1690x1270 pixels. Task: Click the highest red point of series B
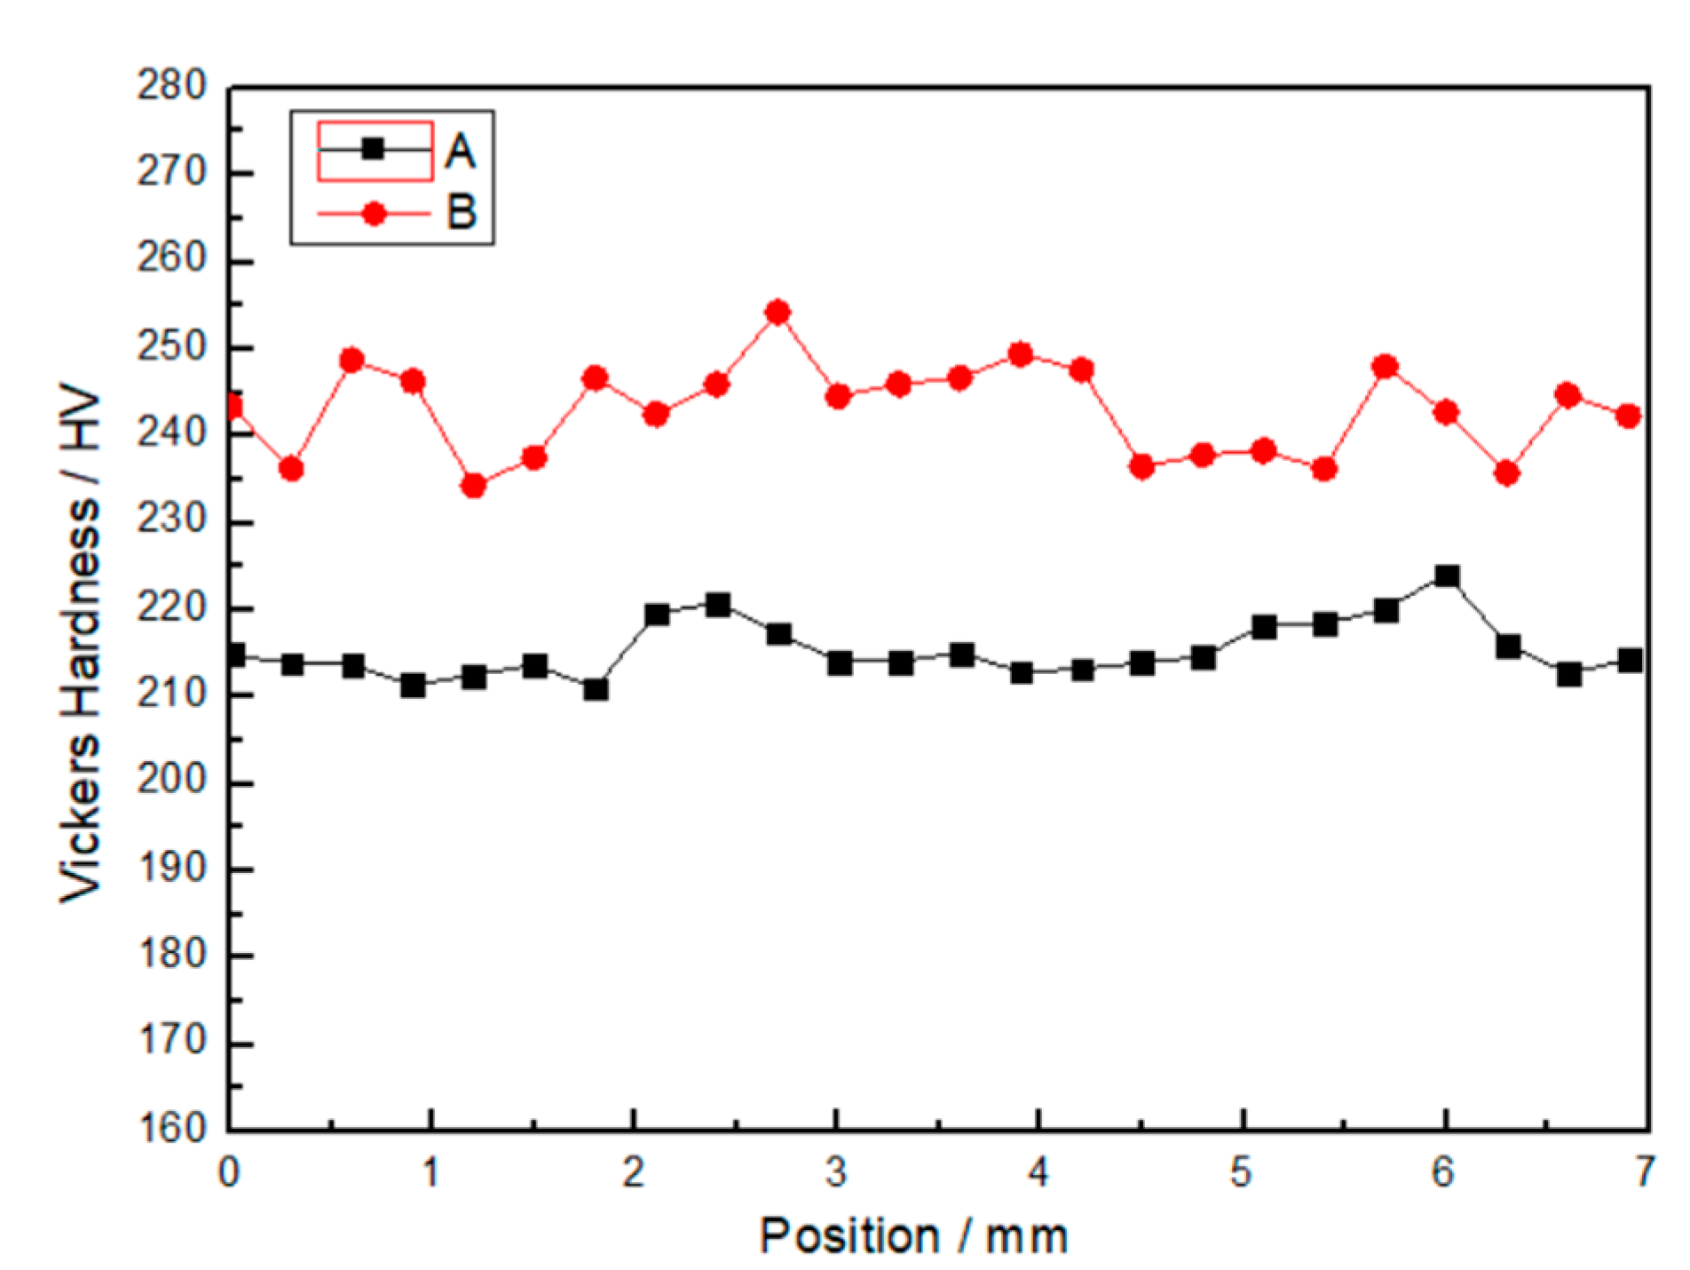[x=778, y=312]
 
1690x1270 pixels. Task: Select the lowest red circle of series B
[x=473, y=486]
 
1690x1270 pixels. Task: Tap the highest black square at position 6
[x=1447, y=576]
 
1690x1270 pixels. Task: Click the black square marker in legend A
[x=374, y=149]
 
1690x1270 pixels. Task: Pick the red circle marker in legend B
[x=374, y=213]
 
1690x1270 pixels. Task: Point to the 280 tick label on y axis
[x=171, y=87]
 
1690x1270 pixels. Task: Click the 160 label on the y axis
[x=171, y=1129]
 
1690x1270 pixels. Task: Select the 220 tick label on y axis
[x=171, y=608]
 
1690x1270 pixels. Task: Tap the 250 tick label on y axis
[x=171, y=347]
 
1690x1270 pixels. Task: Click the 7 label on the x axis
[x=1645, y=1172]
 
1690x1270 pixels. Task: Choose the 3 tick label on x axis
[x=836, y=1172]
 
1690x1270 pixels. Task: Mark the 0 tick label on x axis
[x=229, y=1172]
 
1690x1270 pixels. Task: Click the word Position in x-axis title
[x=849, y=1236]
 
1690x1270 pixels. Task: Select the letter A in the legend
[x=460, y=151]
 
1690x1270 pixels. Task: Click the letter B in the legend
[x=461, y=213]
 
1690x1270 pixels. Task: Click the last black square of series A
[x=1630, y=660]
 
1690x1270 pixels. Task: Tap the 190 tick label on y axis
[x=171, y=869]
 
